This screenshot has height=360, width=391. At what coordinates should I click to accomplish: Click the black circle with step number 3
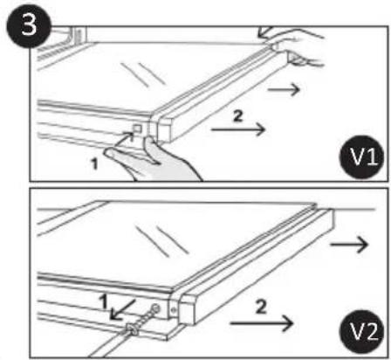(29, 25)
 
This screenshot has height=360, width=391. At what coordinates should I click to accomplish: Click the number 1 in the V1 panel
(94, 163)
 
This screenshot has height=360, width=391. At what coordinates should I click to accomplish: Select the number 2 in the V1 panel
(237, 116)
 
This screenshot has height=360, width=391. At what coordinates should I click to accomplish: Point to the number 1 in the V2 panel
(103, 301)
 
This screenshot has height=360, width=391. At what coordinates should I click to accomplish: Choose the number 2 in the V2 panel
(261, 307)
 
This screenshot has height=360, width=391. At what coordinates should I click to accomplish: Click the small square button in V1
(137, 128)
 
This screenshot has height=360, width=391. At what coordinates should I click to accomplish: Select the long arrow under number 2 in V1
(238, 129)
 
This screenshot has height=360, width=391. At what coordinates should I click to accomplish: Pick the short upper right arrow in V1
(284, 89)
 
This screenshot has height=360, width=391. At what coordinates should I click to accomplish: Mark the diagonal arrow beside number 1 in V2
(122, 310)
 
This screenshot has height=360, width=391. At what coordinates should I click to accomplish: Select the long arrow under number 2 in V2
(261, 323)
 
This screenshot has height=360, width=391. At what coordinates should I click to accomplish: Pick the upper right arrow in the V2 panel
(349, 244)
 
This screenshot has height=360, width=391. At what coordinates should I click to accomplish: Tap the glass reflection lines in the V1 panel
(143, 74)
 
